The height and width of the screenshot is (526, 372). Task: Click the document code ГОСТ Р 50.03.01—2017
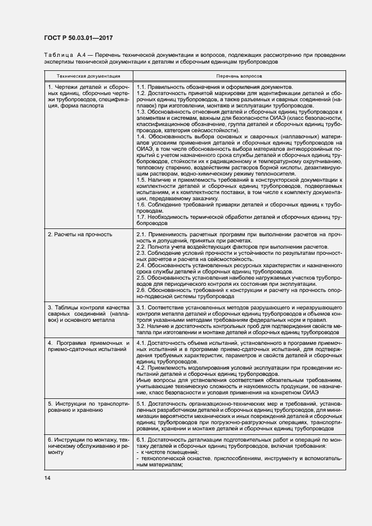79,38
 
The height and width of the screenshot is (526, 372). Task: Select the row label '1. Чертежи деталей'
88,87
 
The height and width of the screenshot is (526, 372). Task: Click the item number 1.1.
141,87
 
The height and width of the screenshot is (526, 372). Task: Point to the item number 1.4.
141,136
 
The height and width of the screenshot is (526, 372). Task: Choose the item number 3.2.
141,326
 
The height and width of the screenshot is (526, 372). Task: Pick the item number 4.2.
141,368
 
